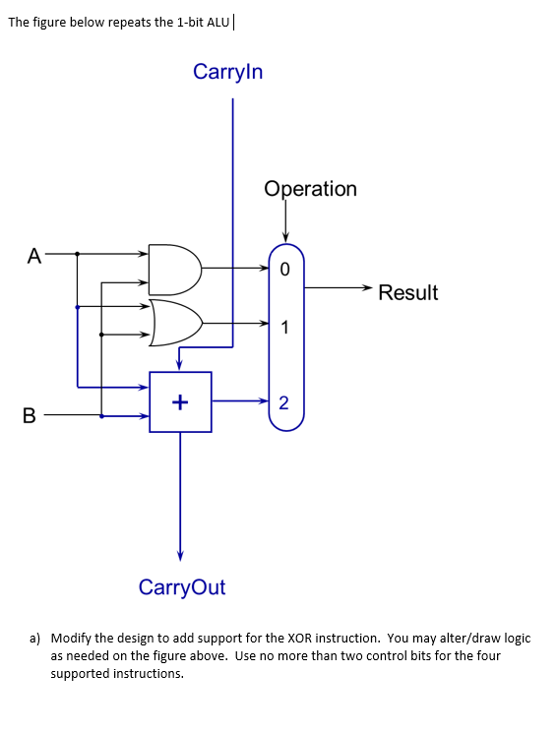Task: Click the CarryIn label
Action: pos(228,72)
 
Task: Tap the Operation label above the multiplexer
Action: pos(310,188)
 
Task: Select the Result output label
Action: pos(407,292)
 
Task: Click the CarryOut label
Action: pos(182,587)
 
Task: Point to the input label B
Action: pos(30,415)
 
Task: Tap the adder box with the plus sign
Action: pos(180,401)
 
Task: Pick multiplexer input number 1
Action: pos(284,328)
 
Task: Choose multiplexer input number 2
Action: pos(284,401)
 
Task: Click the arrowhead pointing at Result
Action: pos(367,288)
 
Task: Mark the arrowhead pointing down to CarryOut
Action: pos(180,554)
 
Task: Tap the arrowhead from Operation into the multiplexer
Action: pos(285,235)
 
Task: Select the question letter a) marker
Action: pos(35,638)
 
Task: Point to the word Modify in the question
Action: pos(71,638)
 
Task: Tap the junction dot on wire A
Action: pos(78,253)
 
